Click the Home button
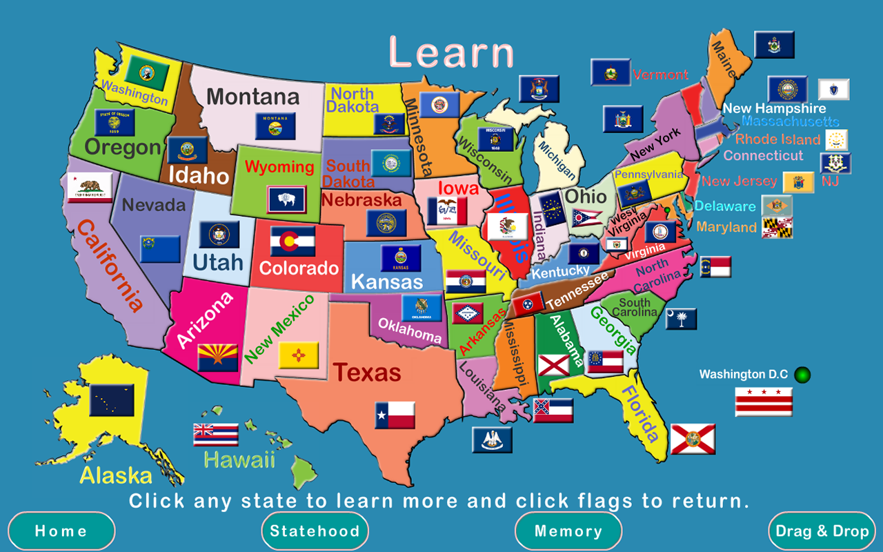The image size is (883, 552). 61,531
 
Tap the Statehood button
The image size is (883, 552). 315,531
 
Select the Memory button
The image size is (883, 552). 568,531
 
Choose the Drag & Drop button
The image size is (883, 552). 822,531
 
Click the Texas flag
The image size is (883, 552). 395,415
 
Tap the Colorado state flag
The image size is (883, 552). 292,241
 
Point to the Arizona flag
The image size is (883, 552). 217,357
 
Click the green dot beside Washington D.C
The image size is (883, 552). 802,375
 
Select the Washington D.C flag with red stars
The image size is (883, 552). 763,401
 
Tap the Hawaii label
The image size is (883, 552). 239,460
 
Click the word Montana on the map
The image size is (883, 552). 253,97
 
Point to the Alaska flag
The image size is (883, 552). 112,400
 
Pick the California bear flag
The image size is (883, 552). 90,187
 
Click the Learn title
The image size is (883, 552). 452,52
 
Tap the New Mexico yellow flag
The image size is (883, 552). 298,355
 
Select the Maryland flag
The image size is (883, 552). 777,228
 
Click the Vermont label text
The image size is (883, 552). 660,75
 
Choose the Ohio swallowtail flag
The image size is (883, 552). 587,219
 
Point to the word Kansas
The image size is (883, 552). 387,282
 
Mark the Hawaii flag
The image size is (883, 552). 216,435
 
